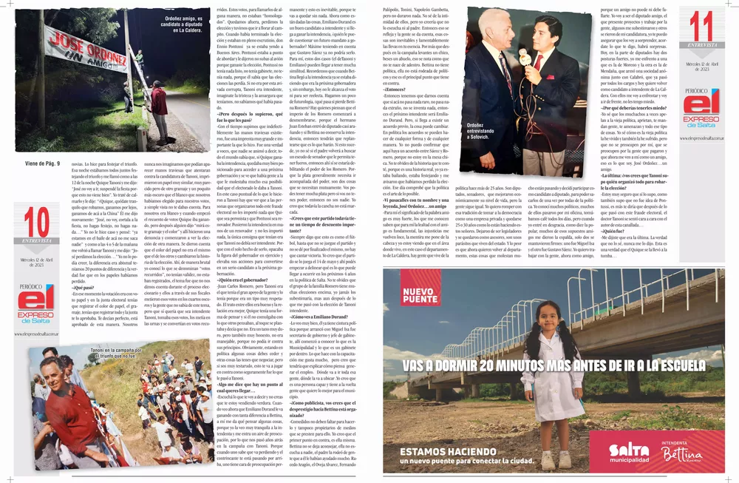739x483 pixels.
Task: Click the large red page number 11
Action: [x=700, y=29]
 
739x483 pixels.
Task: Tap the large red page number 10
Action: [x=36, y=223]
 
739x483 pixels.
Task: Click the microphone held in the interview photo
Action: [x=522, y=57]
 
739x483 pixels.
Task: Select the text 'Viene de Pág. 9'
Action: [x=43, y=163]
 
